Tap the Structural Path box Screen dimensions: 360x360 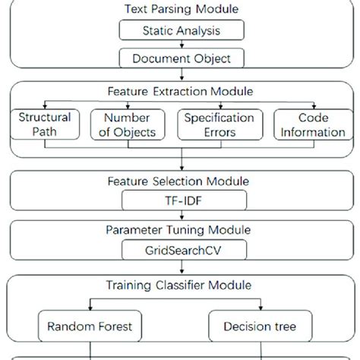[45, 125]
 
